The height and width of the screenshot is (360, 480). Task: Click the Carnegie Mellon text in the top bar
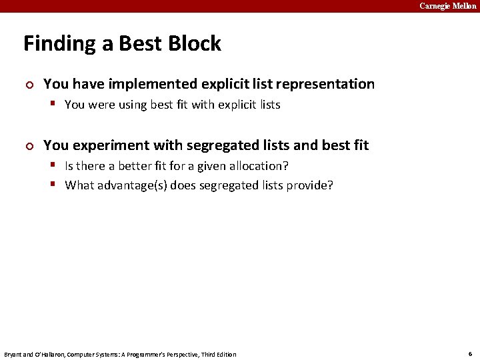[447, 6]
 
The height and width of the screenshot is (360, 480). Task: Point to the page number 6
[470, 354]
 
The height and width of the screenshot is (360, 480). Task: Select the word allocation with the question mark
[262, 165]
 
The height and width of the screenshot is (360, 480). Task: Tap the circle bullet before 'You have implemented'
[27, 85]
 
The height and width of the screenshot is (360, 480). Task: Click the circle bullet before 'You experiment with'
[27, 146]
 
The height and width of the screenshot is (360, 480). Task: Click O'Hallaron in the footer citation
[47, 354]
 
